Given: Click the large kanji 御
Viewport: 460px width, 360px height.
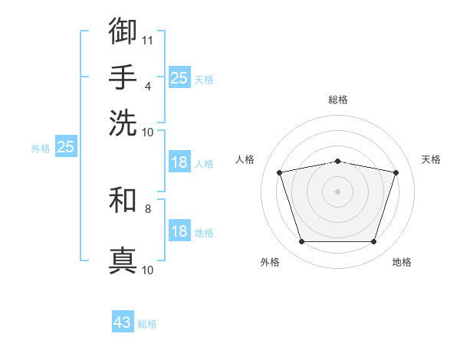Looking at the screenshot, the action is point(123,31).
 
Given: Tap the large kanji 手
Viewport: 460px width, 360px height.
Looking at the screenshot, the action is point(123,77).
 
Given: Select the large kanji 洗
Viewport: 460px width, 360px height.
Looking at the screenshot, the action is point(123,123).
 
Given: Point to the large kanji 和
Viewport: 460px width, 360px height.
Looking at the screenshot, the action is point(123,199).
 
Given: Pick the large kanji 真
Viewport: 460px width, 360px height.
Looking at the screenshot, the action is point(123,260).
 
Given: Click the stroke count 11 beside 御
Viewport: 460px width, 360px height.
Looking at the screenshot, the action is point(147,41).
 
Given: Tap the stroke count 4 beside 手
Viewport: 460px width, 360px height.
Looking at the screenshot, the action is point(148,87).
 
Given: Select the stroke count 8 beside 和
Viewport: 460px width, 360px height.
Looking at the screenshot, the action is point(148,209).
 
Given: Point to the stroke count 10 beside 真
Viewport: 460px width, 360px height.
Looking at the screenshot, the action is point(147,270).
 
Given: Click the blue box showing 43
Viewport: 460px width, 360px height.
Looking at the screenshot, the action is point(123,321).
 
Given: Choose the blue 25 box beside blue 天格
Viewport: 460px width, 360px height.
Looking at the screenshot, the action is point(179,77).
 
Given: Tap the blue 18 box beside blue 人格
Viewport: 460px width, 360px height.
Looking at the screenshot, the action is point(179,162).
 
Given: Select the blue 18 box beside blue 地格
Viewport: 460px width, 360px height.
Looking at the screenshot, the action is point(179,230).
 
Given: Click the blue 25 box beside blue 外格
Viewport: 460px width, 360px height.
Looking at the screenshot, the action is point(66,146).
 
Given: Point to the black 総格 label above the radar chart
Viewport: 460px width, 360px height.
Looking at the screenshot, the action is point(338,100).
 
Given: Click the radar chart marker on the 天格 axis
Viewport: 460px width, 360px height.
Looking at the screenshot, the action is point(396,172).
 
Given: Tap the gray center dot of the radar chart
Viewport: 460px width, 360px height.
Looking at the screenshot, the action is point(337,191).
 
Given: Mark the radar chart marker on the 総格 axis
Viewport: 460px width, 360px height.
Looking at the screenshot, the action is point(337,162).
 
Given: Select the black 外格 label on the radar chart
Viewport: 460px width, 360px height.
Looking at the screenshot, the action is point(270,262).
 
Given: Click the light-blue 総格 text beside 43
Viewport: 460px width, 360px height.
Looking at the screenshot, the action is point(147,324).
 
